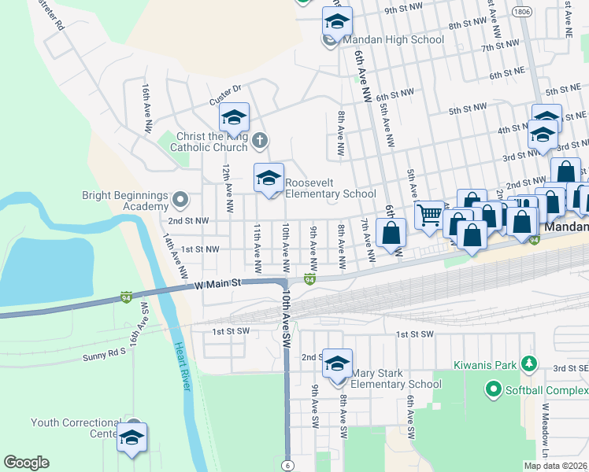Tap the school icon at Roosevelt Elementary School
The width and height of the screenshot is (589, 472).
(x=269, y=178)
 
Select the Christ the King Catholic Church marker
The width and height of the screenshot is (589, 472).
(x=261, y=141)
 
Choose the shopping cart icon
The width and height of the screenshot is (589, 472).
(x=429, y=214)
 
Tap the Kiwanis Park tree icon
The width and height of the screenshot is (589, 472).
(x=530, y=363)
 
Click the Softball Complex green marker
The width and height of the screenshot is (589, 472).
(x=494, y=389)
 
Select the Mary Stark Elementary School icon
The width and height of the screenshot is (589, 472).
(x=337, y=363)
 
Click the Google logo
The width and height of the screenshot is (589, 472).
(x=27, y=463)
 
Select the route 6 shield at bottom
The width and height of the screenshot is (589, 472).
(x=288, y=465)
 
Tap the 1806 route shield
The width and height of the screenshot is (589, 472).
(x=520, y=12)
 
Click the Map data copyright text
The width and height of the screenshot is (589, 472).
(x=555, y=466)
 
